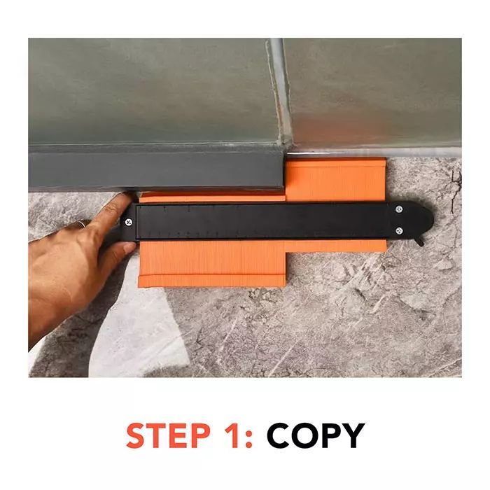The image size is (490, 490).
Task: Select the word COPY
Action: point(315,435)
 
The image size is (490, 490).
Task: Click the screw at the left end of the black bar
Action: point(129,223)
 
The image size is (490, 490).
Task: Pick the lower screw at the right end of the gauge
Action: point(399,230)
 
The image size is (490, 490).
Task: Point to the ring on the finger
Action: point(81,224)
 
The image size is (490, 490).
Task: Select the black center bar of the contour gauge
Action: point(266,220)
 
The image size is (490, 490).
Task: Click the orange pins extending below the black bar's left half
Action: point(210,262)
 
